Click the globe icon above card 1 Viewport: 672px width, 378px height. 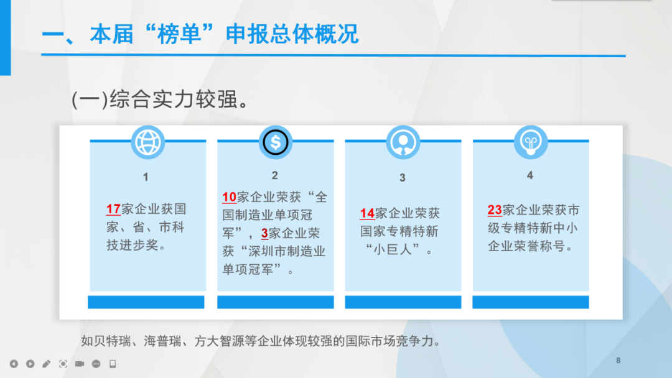pos(147,142)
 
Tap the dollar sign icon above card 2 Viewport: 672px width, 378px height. pos(275,142)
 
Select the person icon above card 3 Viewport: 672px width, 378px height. pos(403,142)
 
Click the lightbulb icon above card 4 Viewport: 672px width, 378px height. pos(531,142)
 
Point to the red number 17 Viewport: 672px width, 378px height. pos(114,210)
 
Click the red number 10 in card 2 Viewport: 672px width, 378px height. pos(229,197)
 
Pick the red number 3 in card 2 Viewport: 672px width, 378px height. pos(264,233)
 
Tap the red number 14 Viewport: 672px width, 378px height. pos(367,213)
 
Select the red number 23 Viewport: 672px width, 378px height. pos(495,210)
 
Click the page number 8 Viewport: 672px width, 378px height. pos(618,361)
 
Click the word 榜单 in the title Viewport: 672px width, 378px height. pos(180,34)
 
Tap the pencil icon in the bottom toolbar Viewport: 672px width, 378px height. pos(46,364)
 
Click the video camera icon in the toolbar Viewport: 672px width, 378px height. pos(80,364)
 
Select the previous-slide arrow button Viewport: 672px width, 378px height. pos(14,364)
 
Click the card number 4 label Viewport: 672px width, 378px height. pos(530,175)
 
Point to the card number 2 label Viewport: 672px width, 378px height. pos(275,175)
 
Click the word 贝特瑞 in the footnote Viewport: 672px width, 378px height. pos(112,341)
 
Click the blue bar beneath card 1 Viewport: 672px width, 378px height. pos(146,302)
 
